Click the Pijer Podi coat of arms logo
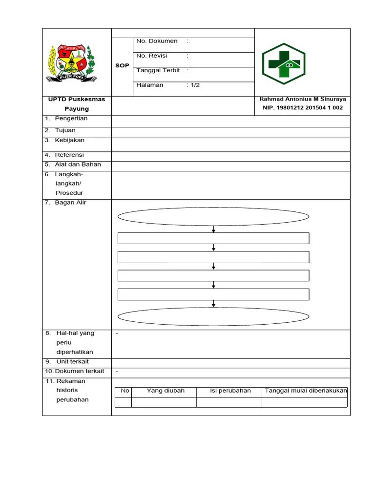click(x=72, y=63)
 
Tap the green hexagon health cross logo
click(x=283, y=64)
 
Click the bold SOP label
click(x=122, y=66)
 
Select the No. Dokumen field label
click(x=157, y=42)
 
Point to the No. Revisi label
click(x=152, y=56)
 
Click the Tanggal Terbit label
click(x=158, y=71)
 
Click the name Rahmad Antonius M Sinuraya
click(x=303, y=99)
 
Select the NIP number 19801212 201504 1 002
click(x=303, y=108)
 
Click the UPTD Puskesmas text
click(x=77, y=99)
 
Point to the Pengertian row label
click(x=71, y=119)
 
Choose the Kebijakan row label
click(x=69, y=141)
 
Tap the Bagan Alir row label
click(x=70, y=203)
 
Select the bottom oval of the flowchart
click(x=213, y=316)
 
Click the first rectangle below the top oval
click(x=213, y=238)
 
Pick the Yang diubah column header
click(x=164, y=391)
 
